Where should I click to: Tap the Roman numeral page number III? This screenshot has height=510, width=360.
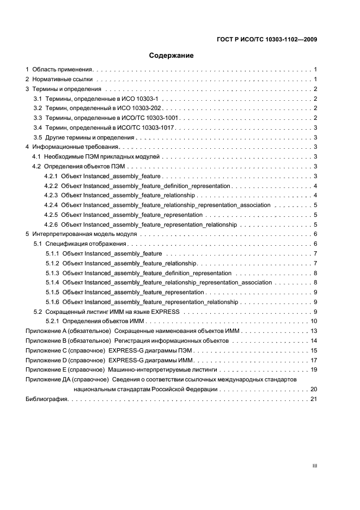[x=314, y=466]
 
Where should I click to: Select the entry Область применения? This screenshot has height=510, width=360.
[x=63, y=70]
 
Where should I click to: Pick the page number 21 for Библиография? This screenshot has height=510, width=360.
[x=314, y=399]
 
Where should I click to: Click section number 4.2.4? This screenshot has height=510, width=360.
[x=51, y=205]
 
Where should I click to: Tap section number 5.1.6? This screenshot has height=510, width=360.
[x=52, y=302]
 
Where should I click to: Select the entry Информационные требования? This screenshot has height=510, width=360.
[x=75, y=147]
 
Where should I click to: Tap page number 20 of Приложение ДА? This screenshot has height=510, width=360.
[x=314, y=390]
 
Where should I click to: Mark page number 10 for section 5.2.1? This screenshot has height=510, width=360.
[x=314, y=321]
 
